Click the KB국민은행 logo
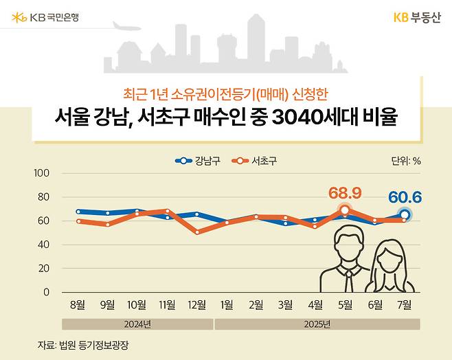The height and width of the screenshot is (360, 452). (45, 16)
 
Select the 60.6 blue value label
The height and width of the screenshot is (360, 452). (405, 198)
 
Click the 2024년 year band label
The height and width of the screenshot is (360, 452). (137, 324)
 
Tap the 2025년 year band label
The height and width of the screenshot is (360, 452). (316, 324)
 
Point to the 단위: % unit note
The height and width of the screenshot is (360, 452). (405, 161)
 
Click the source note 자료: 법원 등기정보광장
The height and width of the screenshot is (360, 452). (83, 346)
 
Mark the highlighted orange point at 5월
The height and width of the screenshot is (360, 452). (346, 210)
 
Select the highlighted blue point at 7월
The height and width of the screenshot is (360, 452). (405, 215)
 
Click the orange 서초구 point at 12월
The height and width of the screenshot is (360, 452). (197, 232)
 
